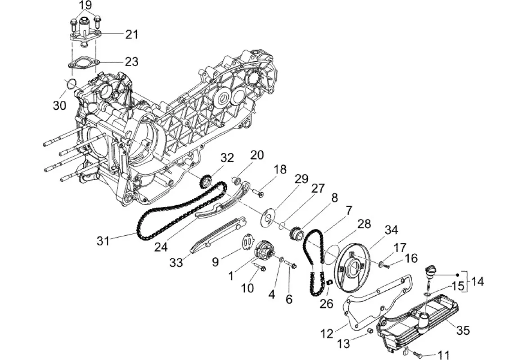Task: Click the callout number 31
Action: coord(103,241)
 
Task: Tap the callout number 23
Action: coord(132,62)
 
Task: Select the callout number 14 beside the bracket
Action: coord(477,282)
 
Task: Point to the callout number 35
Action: coord(463,330)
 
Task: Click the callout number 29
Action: coord(302,179)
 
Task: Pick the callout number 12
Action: coord(327,334)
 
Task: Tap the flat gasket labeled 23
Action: coord(83,63)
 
